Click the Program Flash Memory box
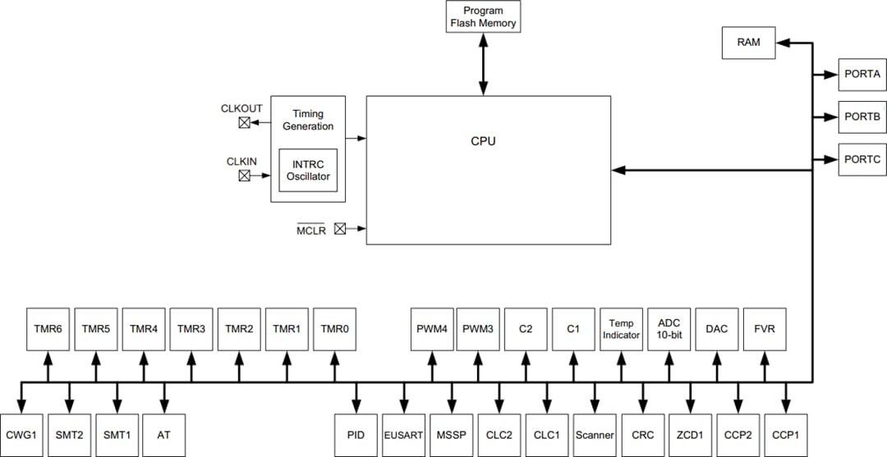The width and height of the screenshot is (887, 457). coord(483,16)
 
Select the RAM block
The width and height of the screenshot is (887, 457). coord(748,43)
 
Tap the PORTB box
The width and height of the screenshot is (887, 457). coord(862,117)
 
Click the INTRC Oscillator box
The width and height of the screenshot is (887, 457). coord(307,170)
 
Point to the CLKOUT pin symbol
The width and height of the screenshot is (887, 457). coord(245,123)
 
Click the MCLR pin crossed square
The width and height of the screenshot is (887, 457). coord(340,230)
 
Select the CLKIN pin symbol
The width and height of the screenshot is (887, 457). coord(245,176)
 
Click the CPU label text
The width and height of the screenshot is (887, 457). coord(483,141)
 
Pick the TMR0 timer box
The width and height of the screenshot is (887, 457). coord(335,329)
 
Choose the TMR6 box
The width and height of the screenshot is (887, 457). coord(48,329)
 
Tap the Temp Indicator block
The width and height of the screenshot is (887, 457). coord(621,329)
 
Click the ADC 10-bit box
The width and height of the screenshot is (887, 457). coord(669,329)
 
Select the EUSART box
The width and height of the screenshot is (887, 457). coord(403,435)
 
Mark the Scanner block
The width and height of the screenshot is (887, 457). coord(594,435)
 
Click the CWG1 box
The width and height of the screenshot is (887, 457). coord(21,435)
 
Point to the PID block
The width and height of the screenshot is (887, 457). coord(356,435)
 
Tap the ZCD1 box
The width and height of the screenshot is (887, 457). coord(689,435)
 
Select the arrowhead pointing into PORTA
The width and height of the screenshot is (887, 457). coord(830,75)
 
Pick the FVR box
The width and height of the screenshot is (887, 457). coord(764,329)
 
